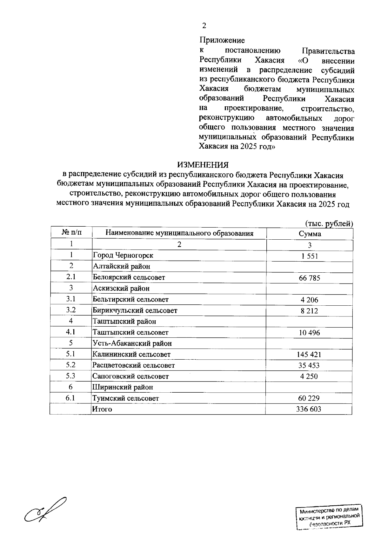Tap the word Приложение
pos(222,40)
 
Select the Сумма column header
pos(310,234)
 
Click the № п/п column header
pos(71,233)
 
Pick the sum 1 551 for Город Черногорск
pos(310,256)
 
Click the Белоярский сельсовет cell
pos(129,277)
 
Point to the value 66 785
pos(310,278)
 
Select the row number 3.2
pos(71,310)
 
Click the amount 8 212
pos(309,311)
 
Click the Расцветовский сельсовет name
pos(133,365)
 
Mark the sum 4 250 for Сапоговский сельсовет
pos(309,376)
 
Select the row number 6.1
pos(70,398)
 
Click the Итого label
pos(102,409)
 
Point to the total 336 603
pos(309,409)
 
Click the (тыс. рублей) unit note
pos(329,223)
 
